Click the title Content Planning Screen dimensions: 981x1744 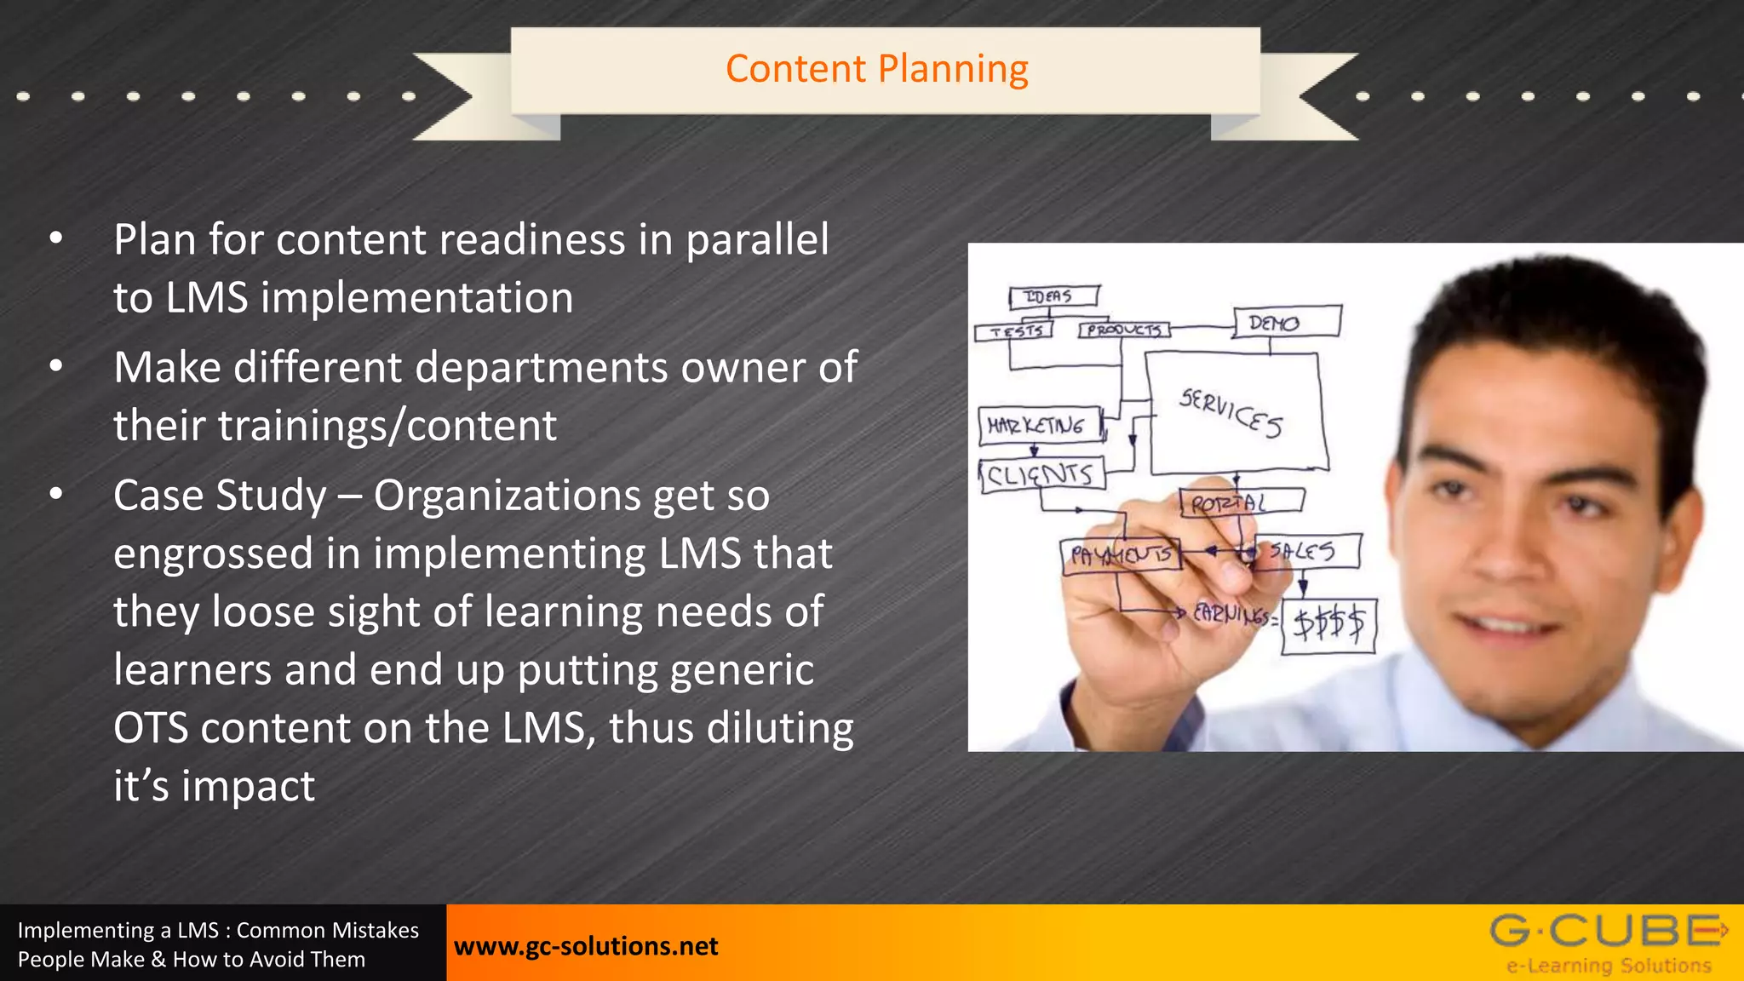tap(876, 69)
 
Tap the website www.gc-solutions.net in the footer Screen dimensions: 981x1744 tap(586, 946)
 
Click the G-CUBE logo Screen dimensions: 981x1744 tap(1608, 942)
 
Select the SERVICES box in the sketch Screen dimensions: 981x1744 tap(1235, 413)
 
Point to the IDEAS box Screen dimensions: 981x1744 tap(1053, 296)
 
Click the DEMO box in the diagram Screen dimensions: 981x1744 tap(1286, 322)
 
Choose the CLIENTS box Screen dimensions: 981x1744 tap(1041, 474)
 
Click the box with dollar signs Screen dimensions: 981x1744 tap(1328, 626)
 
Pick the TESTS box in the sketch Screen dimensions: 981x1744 tap(1015, 330)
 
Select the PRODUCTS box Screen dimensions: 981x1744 tap(1124, 329)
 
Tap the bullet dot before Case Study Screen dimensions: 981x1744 tap(56, 494)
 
